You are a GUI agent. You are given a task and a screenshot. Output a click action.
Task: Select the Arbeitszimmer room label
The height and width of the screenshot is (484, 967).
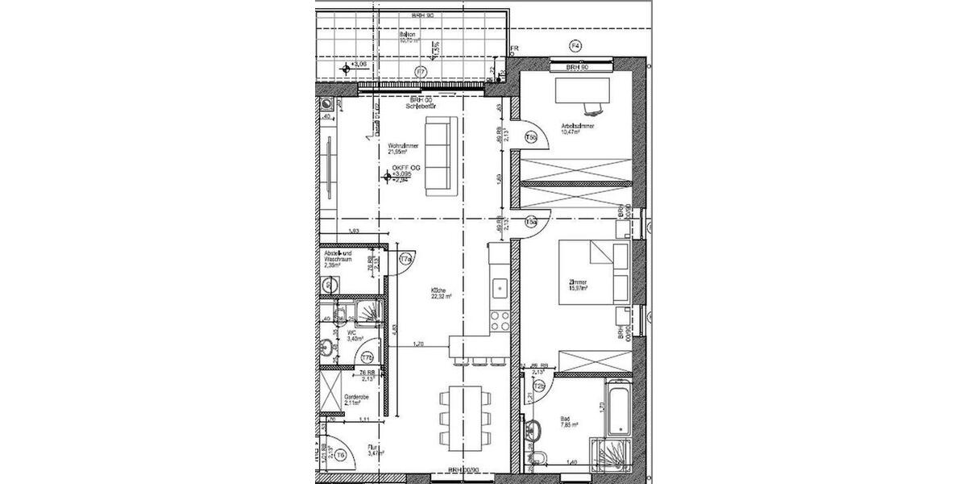pyautogui.click(x=579, y=127)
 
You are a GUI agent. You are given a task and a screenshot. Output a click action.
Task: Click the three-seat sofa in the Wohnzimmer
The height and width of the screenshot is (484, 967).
pyautogui.click(x=440, y=156)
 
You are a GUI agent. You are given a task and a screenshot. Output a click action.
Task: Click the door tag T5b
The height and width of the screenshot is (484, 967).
pyautogui.click(x=532, y=138)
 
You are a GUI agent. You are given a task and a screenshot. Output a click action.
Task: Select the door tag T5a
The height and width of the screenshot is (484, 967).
pyautogui.click(x=531, y=221)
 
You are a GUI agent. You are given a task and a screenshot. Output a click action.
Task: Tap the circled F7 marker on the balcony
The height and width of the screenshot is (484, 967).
pyautogui.click(x=419, y=72)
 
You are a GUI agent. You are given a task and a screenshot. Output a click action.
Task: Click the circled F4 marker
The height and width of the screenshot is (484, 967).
pyautogui.click(x=575, y=45)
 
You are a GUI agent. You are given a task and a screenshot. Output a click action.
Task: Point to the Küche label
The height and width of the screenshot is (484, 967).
pyautogui.click(x=439, y=294)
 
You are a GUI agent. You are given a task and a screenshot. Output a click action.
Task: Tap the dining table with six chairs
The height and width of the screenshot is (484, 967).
pyautogui.click(x=464, y=416)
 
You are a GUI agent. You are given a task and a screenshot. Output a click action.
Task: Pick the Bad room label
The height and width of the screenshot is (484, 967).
pyautogui.click(x=568, y=422)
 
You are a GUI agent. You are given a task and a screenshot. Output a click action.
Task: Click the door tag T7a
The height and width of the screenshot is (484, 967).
pyautogui.click(x=406, y=259)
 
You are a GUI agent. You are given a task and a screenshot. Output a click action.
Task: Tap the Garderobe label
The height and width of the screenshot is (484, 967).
pyautogui.click(x=356, y=399)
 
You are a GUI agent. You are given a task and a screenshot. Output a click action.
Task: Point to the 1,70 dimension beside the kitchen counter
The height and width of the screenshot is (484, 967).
pyautogui.click(x=418, y=344)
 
